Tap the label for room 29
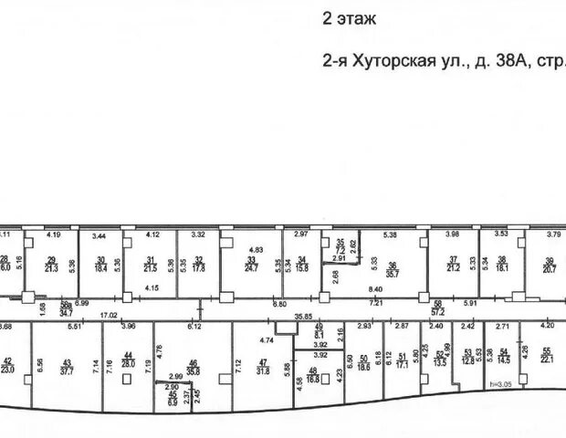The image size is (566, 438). [52, 263]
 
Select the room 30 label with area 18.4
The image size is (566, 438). [101, 265]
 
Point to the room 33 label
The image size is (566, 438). [252, 265]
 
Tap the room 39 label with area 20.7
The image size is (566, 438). [550, 265]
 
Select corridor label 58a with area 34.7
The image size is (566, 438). [66, 308]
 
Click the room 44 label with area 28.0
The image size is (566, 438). [127, 360]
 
